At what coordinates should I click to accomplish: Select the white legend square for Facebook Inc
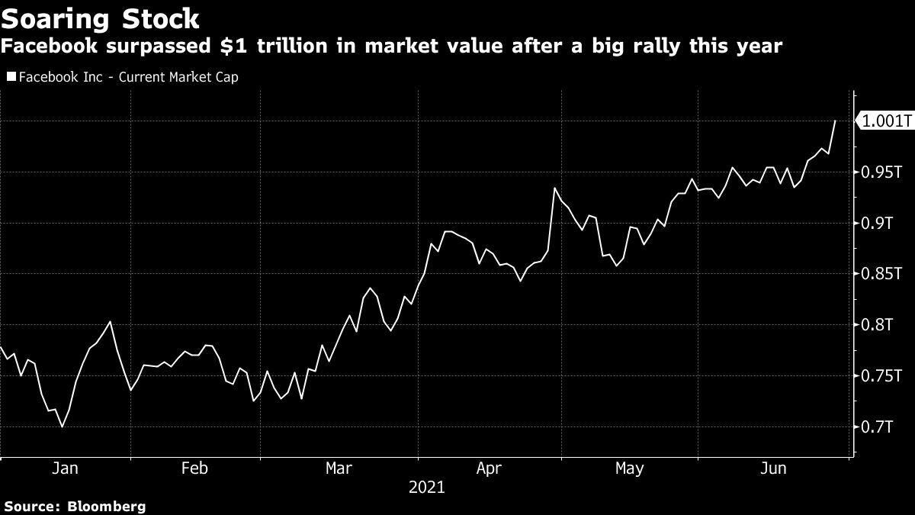click(x=11, y=77)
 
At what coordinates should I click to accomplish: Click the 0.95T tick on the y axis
click(x=881, y=172)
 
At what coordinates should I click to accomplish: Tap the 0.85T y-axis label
click(x=881, y=274)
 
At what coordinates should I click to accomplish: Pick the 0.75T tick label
click(x=881, y=376)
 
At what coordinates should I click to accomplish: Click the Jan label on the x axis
click(x=64, y=468)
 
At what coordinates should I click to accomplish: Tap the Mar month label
click(x=339, y=468)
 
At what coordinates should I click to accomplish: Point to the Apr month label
click(x=489, y=468)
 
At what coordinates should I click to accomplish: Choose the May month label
click(x=629, y=468)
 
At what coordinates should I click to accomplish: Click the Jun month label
click(x=773, y=468)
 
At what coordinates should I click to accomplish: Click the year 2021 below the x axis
click(x=427, y=487)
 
